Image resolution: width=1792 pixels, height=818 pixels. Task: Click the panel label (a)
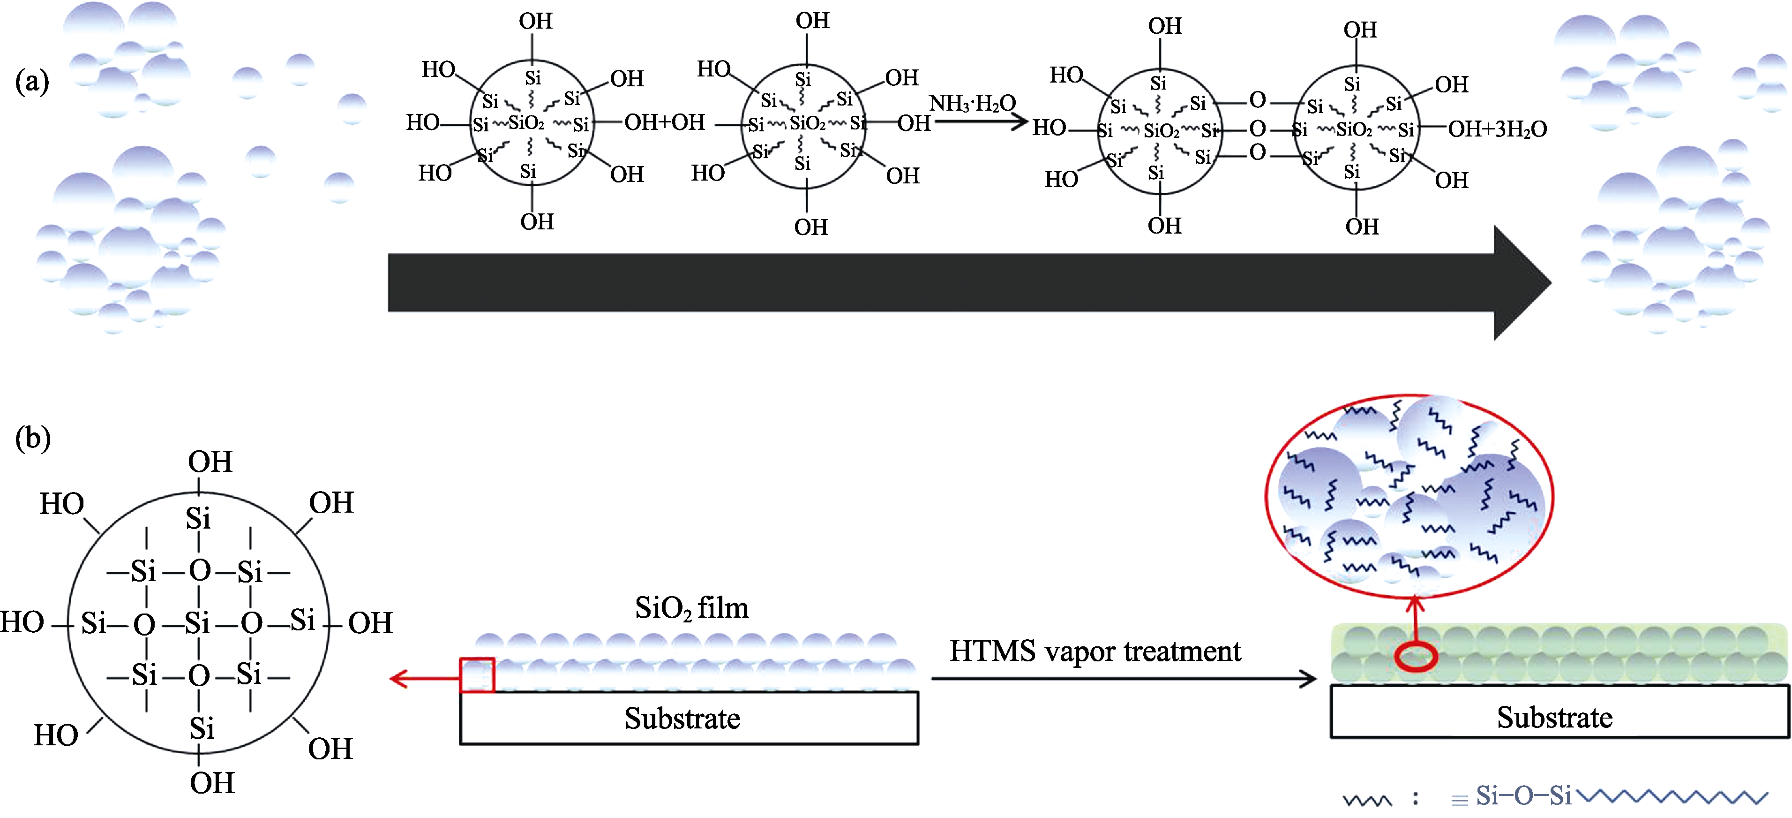click(32, 82)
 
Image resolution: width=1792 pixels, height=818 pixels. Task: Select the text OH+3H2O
click(1497, 129)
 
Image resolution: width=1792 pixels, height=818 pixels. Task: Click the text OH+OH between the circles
click(664, 122)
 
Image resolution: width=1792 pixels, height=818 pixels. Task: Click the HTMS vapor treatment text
click(1095, 651)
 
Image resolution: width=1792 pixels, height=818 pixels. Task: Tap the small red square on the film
click(477, 674)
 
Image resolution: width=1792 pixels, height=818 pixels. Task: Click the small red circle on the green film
click(1415, 657)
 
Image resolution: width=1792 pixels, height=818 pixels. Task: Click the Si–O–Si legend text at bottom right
click(1523, 795)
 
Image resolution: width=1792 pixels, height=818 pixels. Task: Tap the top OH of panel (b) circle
click(210, 462)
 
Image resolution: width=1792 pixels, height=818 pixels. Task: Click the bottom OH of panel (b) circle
click(212, 783)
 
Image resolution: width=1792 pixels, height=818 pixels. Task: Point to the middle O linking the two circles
click(1257, 129)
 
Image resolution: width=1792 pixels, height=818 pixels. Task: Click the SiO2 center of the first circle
click(526, 123)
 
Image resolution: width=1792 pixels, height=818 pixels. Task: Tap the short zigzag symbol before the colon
click(1366, 799)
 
